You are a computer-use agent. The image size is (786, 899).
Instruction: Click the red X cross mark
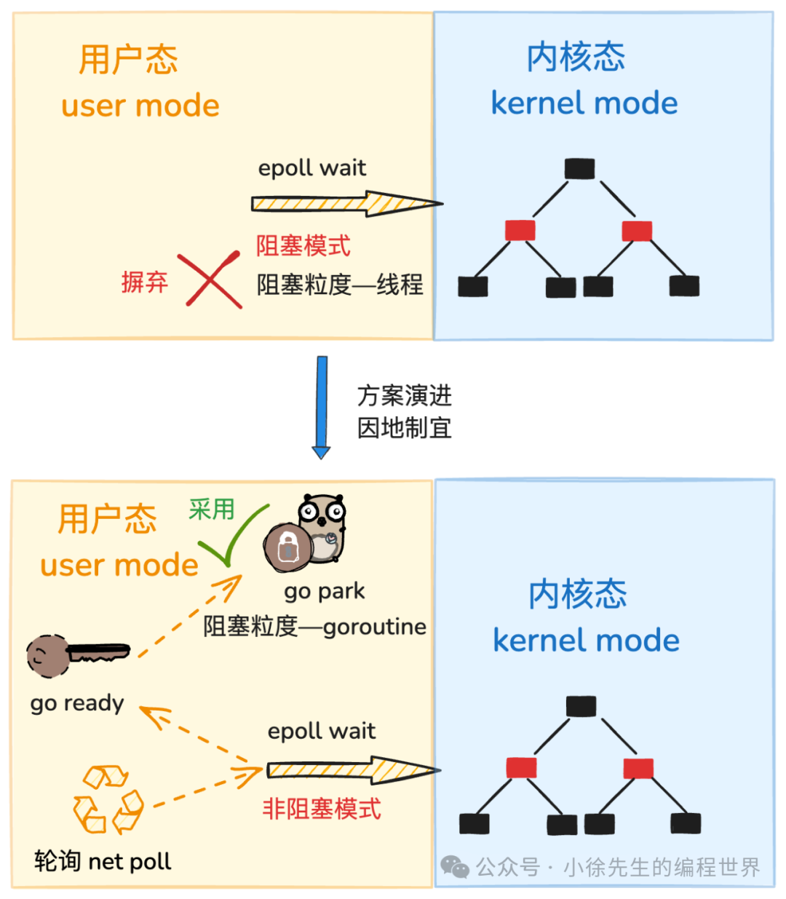pos(210,280)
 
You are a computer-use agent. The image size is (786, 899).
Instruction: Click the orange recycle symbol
pos(108,800)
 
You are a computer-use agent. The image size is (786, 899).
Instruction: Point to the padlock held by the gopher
pos(287,547)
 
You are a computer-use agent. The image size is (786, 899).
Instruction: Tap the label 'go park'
pos(325,591)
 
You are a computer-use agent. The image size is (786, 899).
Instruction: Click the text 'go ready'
pos(77,703)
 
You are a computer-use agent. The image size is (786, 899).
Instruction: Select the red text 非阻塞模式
pos(322,809)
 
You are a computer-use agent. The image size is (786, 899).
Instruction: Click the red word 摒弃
pos(145,282)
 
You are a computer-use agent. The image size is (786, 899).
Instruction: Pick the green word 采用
pos(211,510)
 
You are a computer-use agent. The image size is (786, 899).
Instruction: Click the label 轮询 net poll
pos(103,861)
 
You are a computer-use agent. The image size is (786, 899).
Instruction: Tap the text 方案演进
pos(404,395)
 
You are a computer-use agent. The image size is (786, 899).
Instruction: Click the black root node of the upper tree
pos(579,169)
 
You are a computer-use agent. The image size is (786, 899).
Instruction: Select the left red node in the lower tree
pos(521,768)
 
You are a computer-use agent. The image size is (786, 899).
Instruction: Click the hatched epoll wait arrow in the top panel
pos(347,203)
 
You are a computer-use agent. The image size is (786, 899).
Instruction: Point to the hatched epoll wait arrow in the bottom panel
pos(354,770)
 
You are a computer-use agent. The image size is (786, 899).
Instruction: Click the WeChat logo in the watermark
pos(455,866)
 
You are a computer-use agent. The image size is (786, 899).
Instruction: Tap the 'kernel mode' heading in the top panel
pos(584,103)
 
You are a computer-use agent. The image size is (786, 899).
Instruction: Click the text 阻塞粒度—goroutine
pos(314,627)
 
